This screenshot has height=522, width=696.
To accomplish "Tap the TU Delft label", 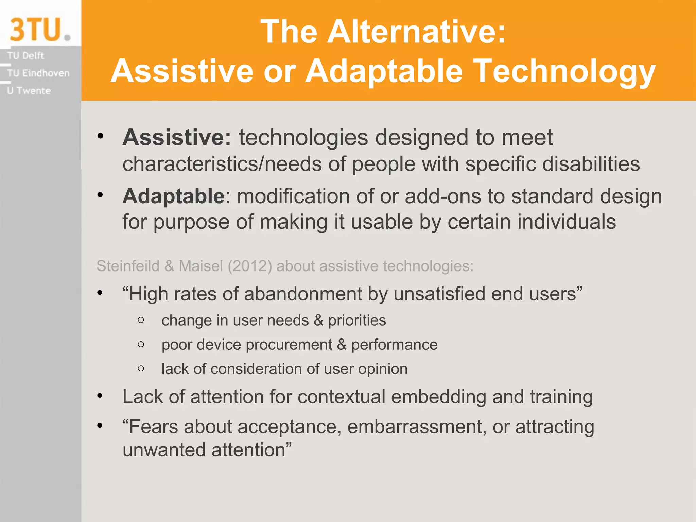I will (25, 55).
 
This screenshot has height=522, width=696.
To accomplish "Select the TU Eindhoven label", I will (38, 73).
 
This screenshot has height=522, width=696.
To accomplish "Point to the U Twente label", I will (29, 91).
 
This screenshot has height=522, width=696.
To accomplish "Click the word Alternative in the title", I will (417, 31).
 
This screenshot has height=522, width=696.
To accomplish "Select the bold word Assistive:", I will (177, 138).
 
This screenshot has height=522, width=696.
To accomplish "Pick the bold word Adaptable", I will (173, 196).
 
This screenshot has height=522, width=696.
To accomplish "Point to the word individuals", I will (567, 222).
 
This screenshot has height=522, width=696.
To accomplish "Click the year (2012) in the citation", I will (250, 266).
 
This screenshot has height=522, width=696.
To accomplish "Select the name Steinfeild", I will (128, 266).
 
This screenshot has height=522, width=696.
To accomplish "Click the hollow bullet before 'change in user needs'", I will (141, 320).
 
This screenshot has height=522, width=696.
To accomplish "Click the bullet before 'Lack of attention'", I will (100, 396).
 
